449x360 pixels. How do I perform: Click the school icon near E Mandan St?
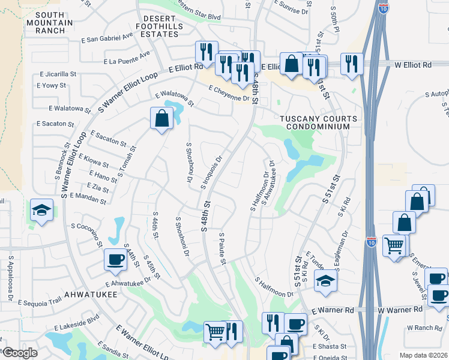[41, 210]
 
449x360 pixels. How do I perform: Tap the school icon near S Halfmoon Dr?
[325, 281]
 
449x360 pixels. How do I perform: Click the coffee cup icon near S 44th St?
[115, 259]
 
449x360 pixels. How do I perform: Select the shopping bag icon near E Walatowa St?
[162, 118]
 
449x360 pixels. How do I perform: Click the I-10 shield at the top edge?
[384, 7]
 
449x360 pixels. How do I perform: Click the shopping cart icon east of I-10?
[394, 244]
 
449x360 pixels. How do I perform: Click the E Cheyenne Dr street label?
[229, 94]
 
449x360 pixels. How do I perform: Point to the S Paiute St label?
[222, 248]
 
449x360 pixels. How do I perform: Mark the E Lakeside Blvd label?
[76, 325]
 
